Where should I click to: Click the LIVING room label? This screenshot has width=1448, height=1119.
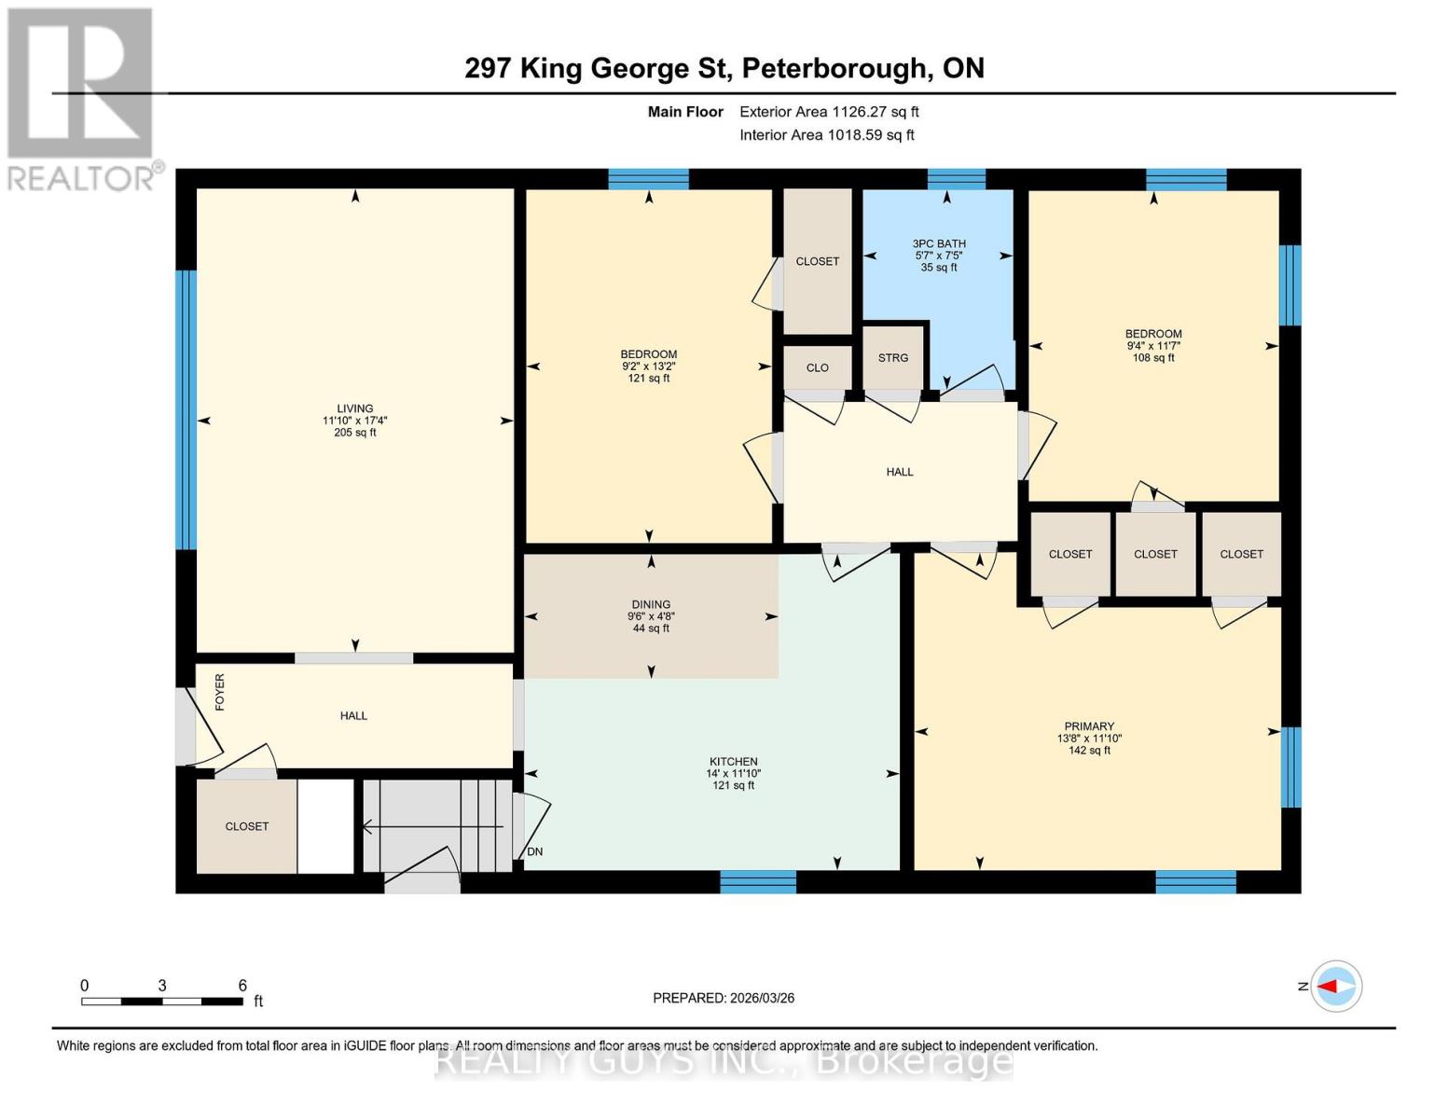(x=354, y=408)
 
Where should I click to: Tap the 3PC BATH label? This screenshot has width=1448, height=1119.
(x=938, y=244)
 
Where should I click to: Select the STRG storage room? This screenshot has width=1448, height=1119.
(x=892, y=358)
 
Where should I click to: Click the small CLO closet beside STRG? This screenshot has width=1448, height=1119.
(x=817, y=367)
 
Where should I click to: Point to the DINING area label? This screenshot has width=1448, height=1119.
(x=650, y=604)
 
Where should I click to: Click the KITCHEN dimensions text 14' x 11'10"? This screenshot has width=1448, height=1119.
(x=733, y=773)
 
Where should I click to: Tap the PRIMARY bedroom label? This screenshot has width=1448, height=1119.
(x=1089, y=726)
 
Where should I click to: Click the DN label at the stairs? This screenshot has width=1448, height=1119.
(x=535, y=851)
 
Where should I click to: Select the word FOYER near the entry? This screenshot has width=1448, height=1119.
(x=220, y=692)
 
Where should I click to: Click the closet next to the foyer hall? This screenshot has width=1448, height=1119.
(x=246, y=826)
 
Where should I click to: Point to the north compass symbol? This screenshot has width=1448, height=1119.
(x=1335, y=986)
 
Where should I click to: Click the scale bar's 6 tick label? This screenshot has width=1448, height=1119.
(x=242, y=986)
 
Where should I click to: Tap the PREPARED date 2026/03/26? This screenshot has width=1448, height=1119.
(x=724, y=998)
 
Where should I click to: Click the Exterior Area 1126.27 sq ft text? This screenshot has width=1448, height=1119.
(x=829, y=112)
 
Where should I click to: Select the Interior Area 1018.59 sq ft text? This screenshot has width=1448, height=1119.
(x=826, y=135)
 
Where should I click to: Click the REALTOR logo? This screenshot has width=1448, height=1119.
(x=81, y=98)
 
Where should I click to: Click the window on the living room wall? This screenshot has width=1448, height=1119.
(x=186, y=409)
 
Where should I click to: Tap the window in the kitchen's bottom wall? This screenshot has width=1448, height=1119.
(x=758, y=881)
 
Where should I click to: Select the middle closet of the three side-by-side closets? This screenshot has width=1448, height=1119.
(x=1155, y=554)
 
